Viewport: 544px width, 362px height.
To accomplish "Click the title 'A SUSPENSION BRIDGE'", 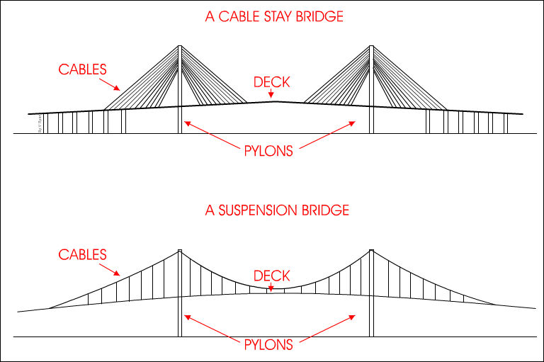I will click(x=277, y=211).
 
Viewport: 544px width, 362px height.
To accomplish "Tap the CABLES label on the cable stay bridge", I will click(x=83, y=69).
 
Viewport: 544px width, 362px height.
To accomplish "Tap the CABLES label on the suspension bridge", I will click(x=83, y=254).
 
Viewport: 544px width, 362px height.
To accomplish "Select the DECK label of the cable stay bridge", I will click(x=272, y=82).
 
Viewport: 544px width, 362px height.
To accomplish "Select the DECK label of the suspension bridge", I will click(x=272, y=276).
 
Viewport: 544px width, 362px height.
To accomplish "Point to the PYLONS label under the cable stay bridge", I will click(x=268, y=151).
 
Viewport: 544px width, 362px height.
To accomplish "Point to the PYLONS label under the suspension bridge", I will click(x=268, y=345).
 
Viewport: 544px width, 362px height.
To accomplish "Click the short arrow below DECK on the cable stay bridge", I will click(x=272, y=95).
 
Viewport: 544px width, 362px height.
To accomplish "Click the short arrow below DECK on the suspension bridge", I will click(x=272, y=287).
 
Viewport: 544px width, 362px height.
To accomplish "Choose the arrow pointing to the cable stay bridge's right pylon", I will click(x=326, y=134).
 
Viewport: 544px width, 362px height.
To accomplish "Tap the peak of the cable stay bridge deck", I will click(x=275, y=102).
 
